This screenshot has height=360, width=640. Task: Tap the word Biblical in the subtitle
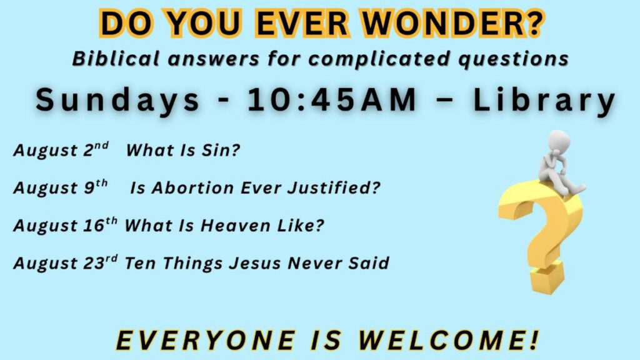pos(115,59)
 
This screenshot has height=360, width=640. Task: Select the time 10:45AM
pos(332,99)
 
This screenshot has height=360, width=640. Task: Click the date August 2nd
pos(61,150)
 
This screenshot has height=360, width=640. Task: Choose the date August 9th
pos(61,187)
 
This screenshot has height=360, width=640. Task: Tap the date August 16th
pos(65,225)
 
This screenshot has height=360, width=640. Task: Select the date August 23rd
pos(65,262)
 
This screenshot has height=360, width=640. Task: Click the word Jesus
pos(255,263)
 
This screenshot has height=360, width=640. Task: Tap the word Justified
pos(334,187)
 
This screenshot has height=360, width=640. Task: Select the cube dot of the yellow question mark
pos(547,277)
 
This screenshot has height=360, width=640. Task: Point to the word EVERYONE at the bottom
pos(206,339)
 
